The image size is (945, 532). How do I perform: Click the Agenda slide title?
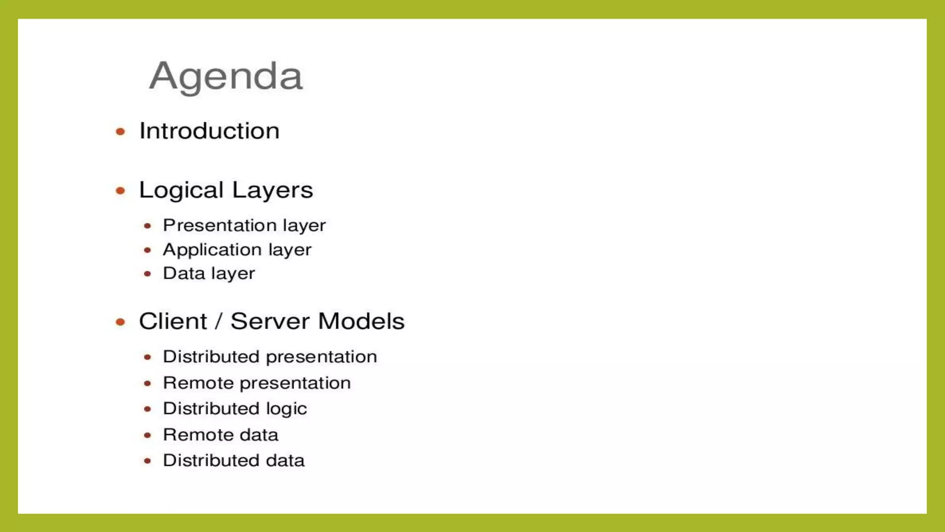pos(226,76)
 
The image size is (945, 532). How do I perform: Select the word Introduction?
pos(209,131)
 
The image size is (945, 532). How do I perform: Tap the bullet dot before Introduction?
pos(120,132)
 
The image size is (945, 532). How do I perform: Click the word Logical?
pos(181,190)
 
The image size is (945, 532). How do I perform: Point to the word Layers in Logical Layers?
pos(272,190)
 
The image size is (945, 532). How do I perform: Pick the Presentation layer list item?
pos(244,226)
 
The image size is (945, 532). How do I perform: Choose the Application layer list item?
pos(237,250)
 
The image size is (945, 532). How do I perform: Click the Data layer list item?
pos(209,273)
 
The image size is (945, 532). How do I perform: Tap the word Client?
pos(173,321)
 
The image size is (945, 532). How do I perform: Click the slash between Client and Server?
pos(219,321)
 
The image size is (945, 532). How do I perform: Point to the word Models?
pos(361,321)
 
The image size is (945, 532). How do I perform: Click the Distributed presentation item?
pos(270,357)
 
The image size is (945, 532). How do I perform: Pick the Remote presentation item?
pos(257,383)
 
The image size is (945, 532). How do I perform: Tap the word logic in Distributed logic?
pos(287,409)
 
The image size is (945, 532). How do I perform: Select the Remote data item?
pos(221,435)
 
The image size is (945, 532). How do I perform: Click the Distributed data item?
pos(233,461)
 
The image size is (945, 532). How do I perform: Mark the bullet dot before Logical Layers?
pos(120,191)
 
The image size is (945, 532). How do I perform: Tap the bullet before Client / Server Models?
pos(120,322)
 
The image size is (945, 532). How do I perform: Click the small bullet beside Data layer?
pos(147,274)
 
